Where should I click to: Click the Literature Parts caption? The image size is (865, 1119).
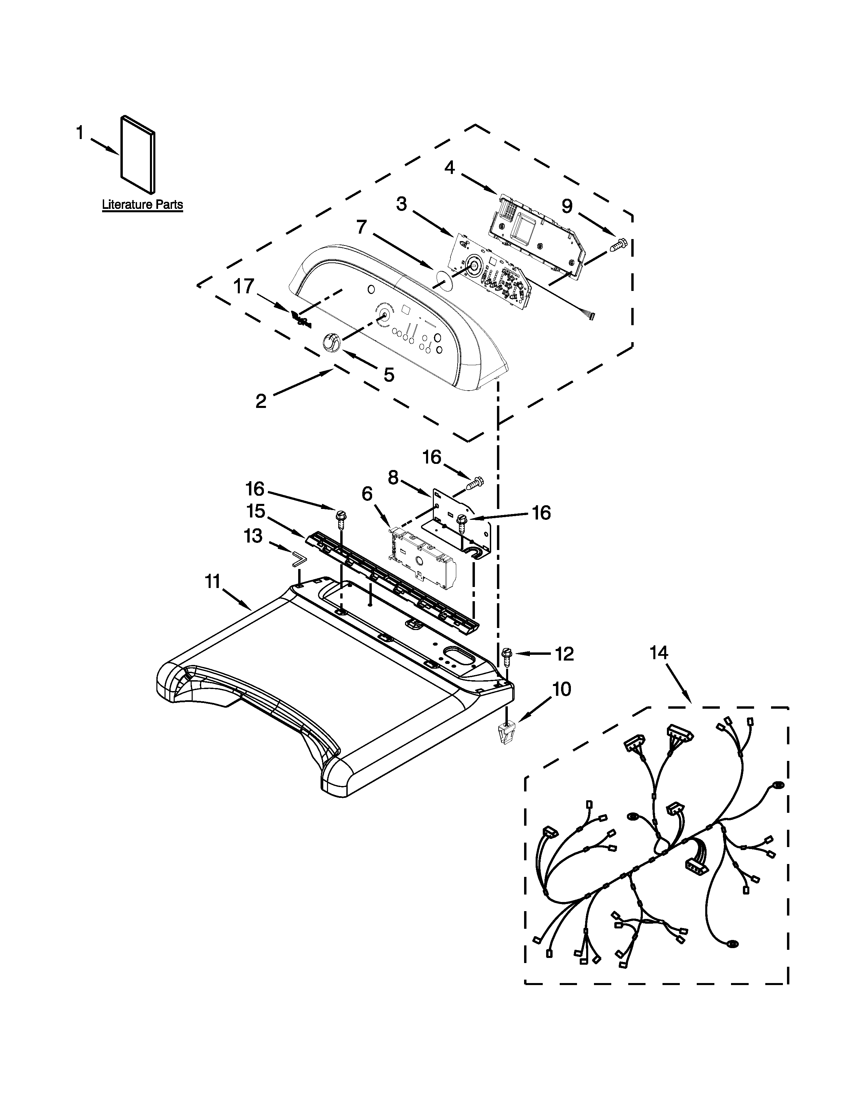tap(142, 205)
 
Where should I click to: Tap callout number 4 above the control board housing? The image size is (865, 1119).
tap(449, 168)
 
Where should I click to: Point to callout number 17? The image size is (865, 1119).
tap(244, 287)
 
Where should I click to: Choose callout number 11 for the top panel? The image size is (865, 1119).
tap(213, 582)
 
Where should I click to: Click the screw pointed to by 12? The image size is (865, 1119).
tap(507, 655)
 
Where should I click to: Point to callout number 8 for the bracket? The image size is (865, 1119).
tap(393, 477)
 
